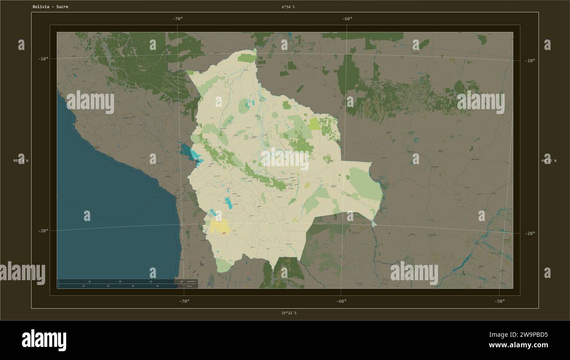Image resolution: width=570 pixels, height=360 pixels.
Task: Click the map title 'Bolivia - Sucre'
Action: (x=50, y=7)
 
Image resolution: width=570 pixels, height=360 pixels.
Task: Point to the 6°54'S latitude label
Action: (x=289, y=7)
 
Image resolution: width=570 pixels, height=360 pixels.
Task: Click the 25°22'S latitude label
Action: (x=289, y=313)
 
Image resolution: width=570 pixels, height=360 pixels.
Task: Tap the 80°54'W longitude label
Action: (x=21, y=161)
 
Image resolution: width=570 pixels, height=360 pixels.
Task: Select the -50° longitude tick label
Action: (x=499, y=301)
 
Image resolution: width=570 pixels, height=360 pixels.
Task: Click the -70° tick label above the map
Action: (x=178, y=19)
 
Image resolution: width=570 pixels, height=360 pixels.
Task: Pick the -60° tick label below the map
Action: (x=341, y=301)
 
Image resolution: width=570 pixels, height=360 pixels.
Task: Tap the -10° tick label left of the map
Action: (x=43, y=59)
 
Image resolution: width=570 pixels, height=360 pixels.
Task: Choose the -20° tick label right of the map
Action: (x=530, y=233)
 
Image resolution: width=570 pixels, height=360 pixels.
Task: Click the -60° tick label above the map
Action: (x=347, y=19)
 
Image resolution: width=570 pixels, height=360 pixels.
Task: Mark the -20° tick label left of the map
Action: (x=43, y=231)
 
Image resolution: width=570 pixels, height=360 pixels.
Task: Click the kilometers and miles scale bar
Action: (x=127, y=283)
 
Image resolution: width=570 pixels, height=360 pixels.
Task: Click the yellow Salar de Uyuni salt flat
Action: (x=220, y=227)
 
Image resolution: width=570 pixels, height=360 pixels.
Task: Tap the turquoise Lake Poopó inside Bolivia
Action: (x=228, y=202)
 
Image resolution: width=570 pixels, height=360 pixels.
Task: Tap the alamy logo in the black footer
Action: (x=44, y=340)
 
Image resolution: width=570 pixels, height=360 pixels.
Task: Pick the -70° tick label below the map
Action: (x=184, y=301)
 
